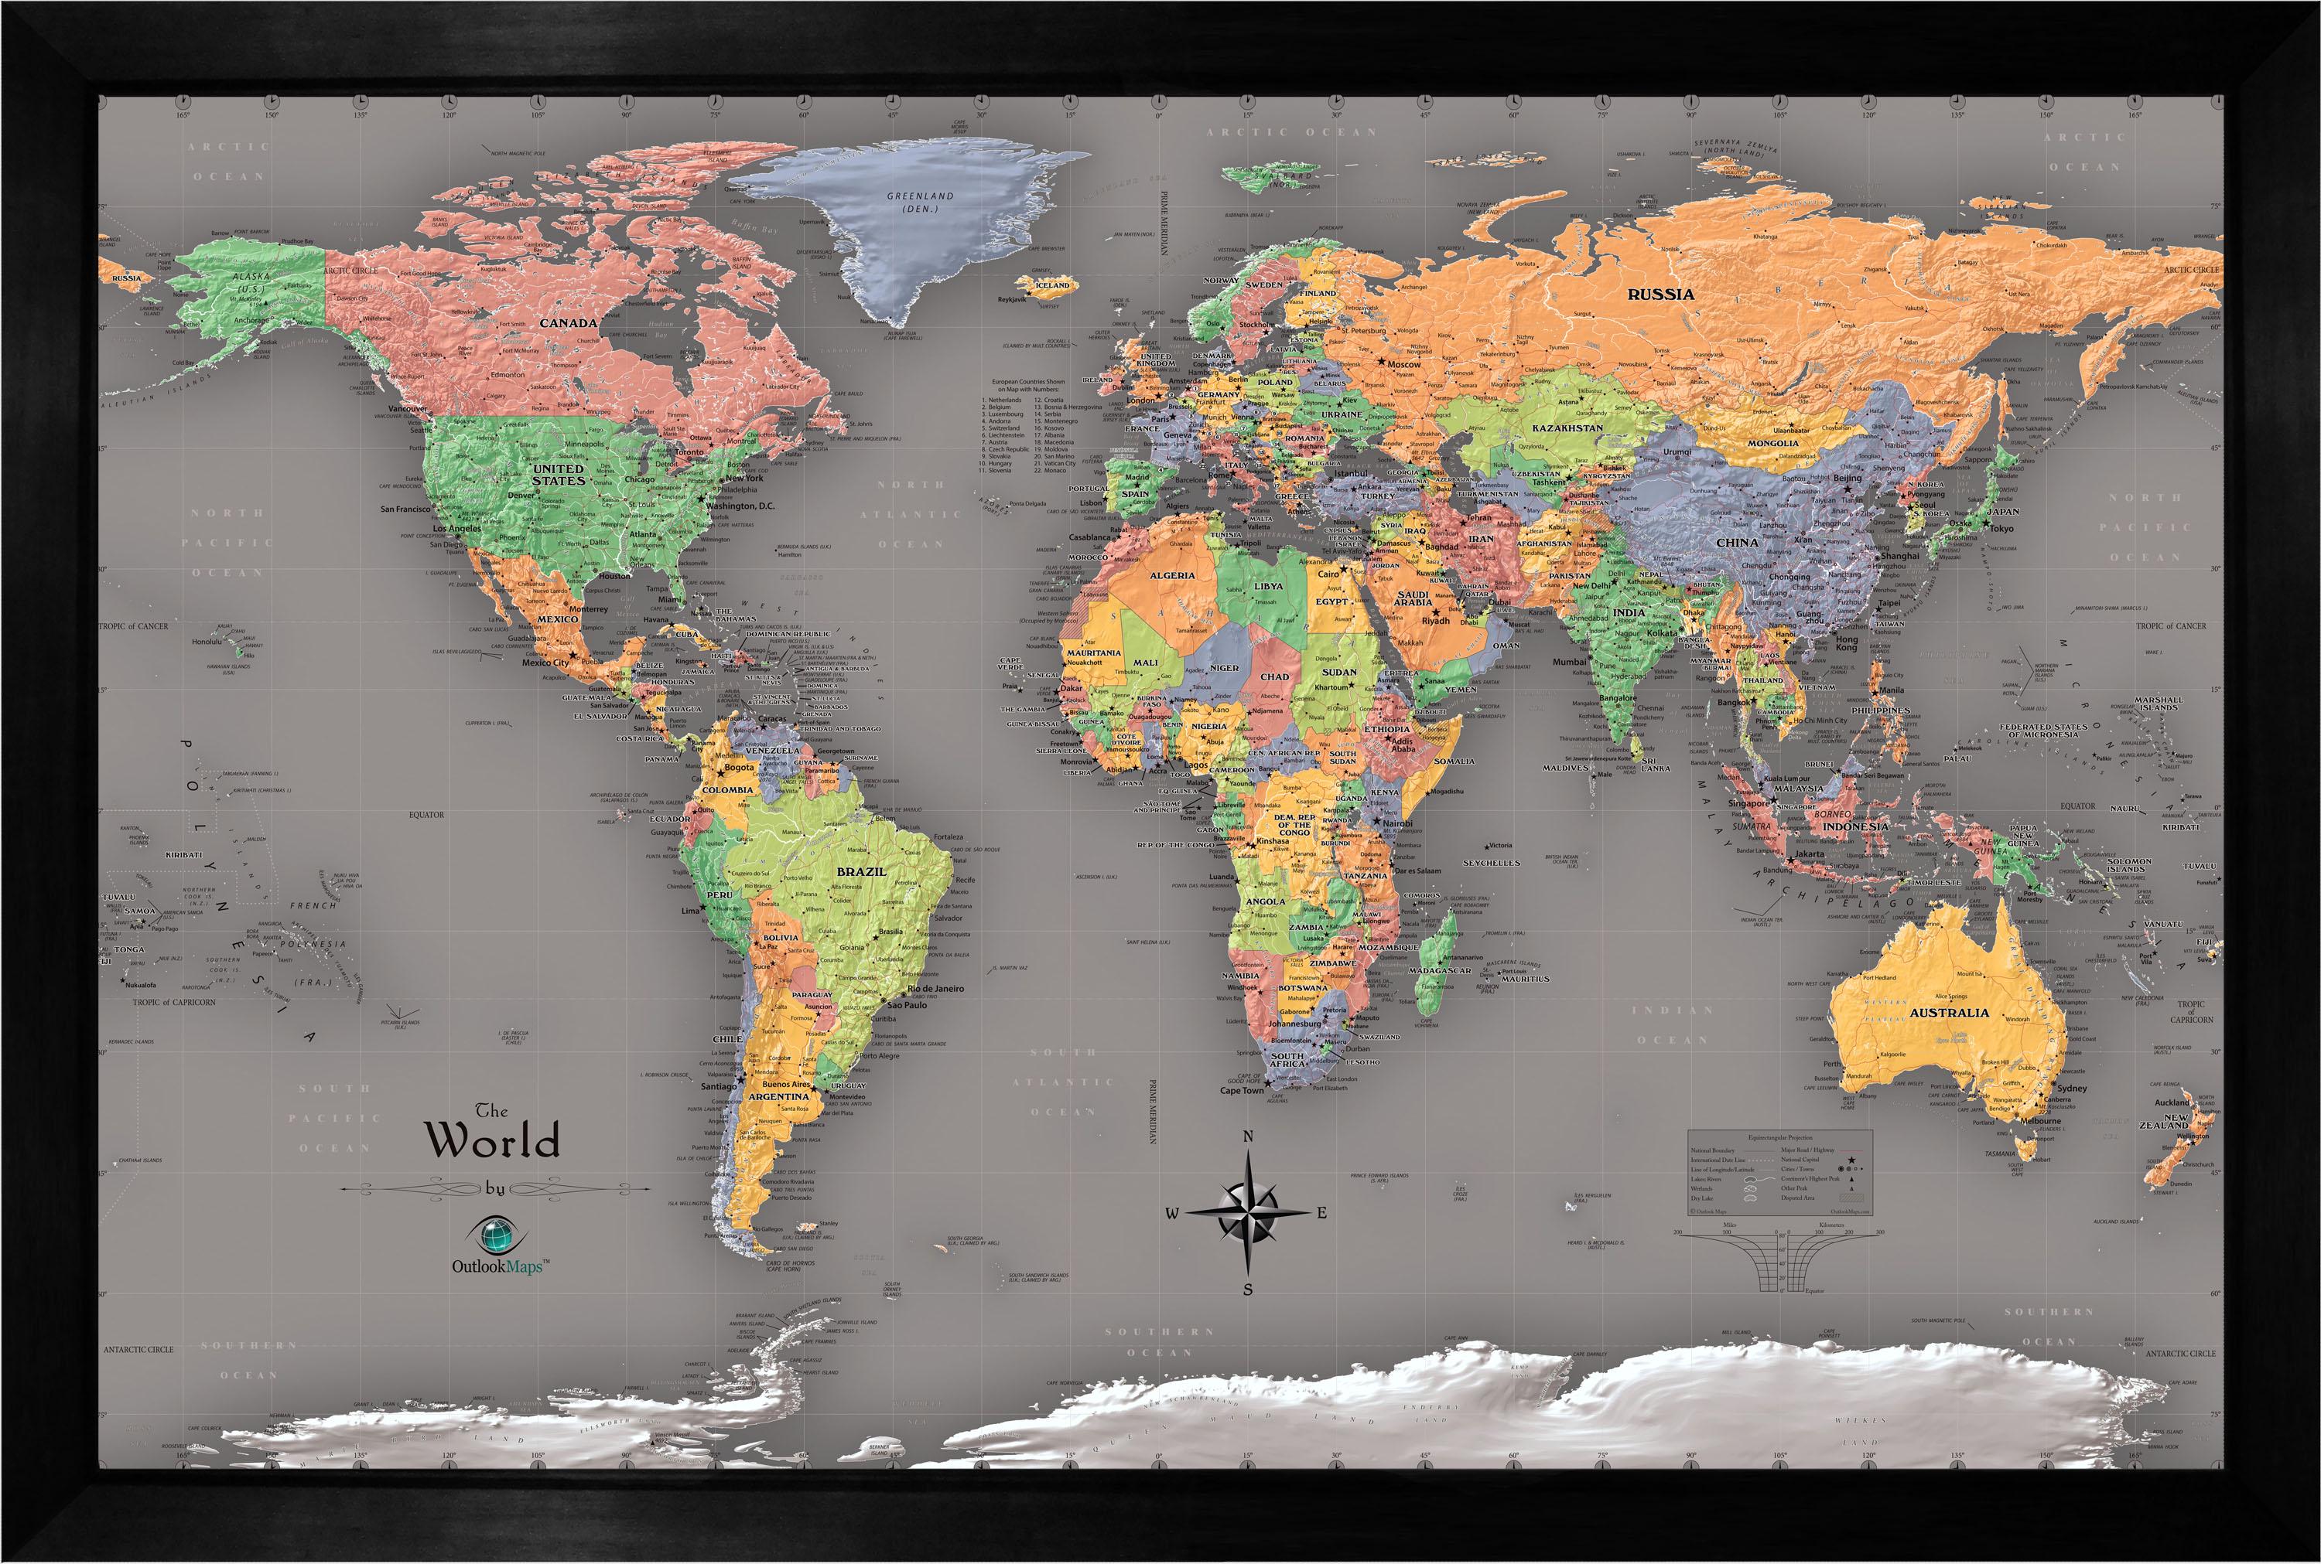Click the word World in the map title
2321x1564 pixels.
tap(493, 1140)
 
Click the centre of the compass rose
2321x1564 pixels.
tap(1247, 1212)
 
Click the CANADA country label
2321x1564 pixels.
tap(569, 323)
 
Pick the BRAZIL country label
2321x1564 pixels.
tap(862, 871)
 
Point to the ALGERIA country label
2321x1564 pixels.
tap(1172, 575)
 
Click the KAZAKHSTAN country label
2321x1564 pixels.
tap(1567, 428)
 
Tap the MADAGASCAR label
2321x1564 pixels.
tap(1441, 970)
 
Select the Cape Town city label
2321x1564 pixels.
tap(1241, 1090)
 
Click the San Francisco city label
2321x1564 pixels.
tap(404, 509)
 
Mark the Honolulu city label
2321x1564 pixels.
tap(207, 642)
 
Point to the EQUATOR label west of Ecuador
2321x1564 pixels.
tap(426, 815)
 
